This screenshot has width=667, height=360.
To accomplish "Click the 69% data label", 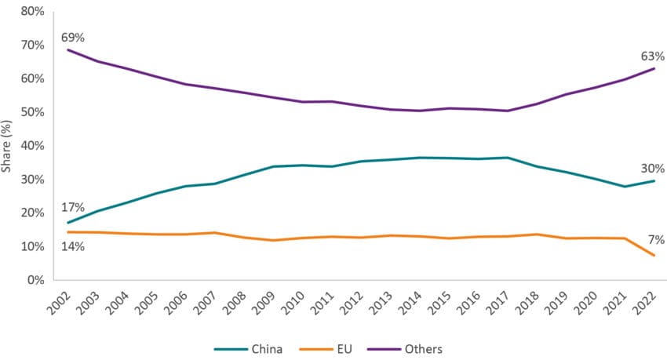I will tap(71, 36).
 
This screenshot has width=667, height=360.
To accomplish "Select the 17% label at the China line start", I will tap(71, 208).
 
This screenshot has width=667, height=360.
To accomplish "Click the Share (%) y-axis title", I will tap(9, 145).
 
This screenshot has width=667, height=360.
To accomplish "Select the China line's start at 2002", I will tap(68, 223).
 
